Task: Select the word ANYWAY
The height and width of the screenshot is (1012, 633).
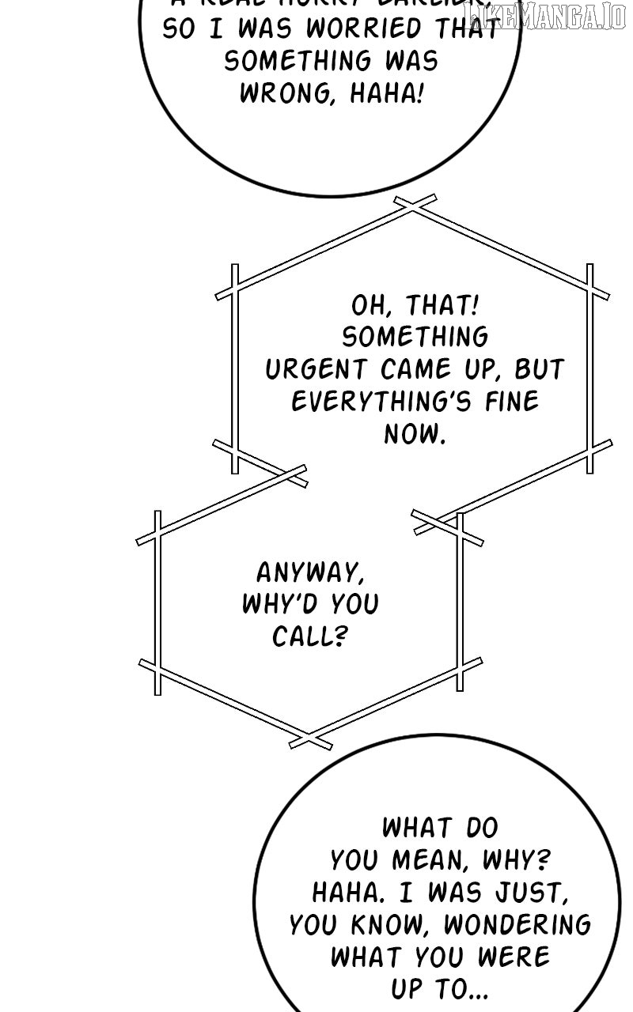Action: (x=310, y=572)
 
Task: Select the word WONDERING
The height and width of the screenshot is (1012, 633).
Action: (x=517, y=924)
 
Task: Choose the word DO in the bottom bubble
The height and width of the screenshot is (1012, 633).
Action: (x=478, y=828)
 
